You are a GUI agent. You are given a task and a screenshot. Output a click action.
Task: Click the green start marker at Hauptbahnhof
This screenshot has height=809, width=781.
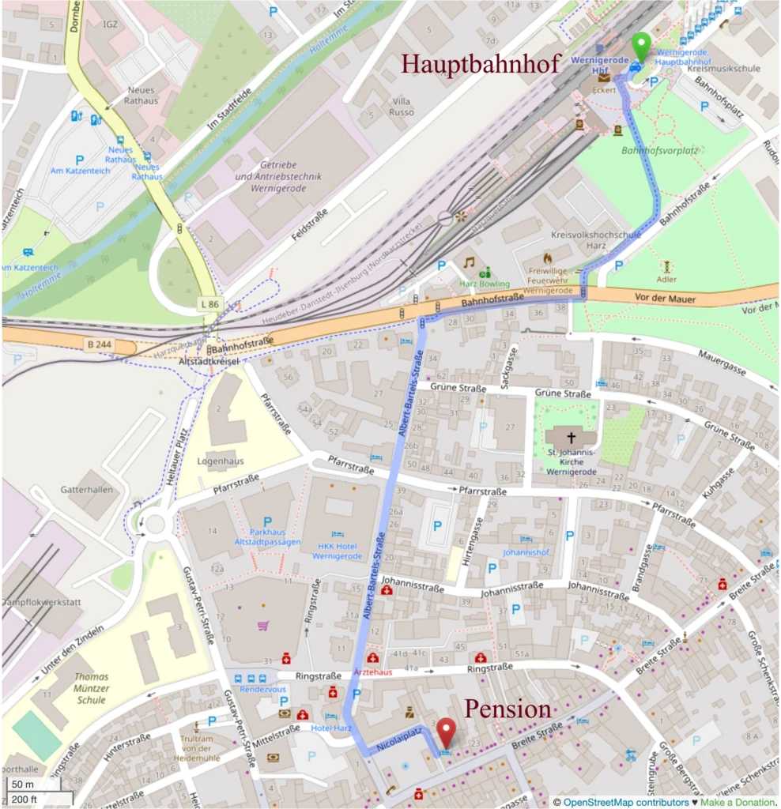point(640,45)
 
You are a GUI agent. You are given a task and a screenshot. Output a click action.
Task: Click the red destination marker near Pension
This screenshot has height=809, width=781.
point(447,731)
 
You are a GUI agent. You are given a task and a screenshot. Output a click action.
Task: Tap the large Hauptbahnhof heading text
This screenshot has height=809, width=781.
point(481,64)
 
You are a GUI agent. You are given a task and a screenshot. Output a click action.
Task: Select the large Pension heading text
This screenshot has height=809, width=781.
point(507,709)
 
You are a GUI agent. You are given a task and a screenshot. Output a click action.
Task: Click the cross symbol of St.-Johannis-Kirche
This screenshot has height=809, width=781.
point(571,437)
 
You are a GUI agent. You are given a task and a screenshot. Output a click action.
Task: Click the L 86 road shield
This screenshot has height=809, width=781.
point(209,303)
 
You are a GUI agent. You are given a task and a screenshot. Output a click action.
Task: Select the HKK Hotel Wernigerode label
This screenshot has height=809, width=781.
point(337,551)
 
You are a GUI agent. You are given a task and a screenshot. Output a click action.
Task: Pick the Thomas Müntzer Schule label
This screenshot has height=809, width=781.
point(91,688)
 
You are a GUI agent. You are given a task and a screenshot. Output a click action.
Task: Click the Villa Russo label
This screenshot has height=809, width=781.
point(402,107)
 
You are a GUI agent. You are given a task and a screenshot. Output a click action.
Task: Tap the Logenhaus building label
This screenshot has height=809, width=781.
point(220,461)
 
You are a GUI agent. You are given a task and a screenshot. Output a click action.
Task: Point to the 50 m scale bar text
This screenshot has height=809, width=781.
point(23,785)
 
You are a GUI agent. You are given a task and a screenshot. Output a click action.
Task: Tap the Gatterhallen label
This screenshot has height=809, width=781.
point(87,490)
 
